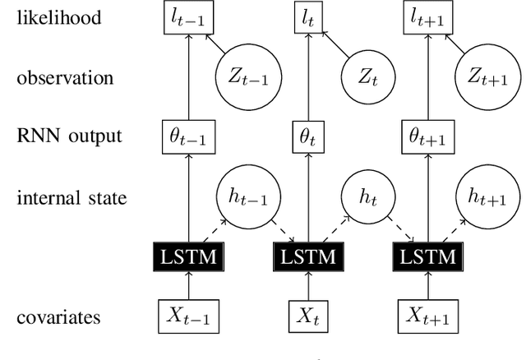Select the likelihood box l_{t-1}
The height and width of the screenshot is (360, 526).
[188, 16]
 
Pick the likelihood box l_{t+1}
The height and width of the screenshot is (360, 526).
[425, 16]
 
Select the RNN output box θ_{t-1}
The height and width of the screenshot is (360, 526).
[188, 136]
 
